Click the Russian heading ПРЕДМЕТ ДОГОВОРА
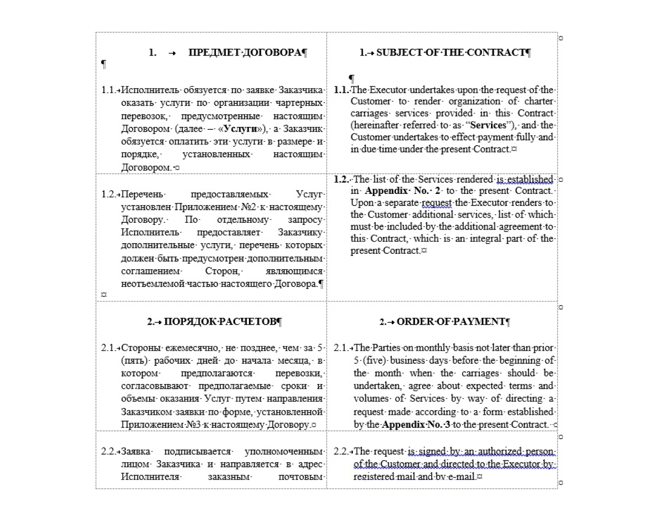click(245, 53)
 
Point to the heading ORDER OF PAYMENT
click(451, 322)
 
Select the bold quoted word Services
click(488, 125)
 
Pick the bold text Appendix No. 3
click(416, 425)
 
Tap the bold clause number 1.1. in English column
click(341, 90)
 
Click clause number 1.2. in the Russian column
click(109, 194)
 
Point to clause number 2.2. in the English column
click(341, 452)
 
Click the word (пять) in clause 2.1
click(135, 361)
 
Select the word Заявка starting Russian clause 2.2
click(136, 452)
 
